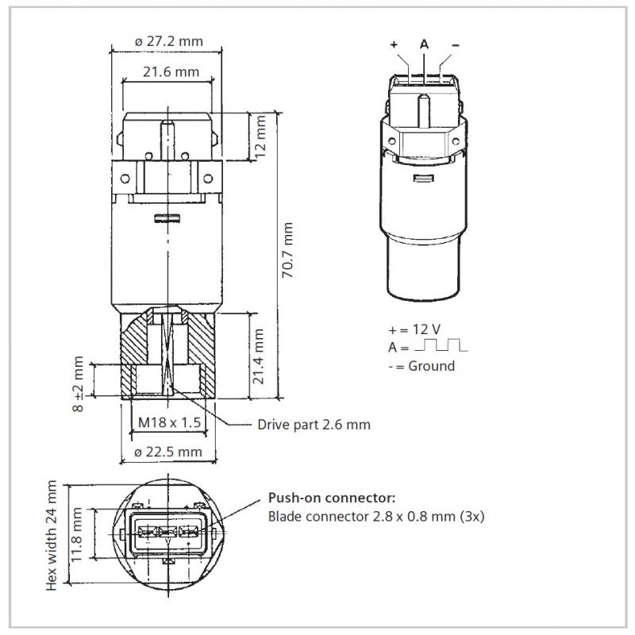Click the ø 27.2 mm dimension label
point(168,41)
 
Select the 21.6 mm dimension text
point(171,71)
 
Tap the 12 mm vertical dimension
point(260,137)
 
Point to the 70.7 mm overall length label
point(287,250)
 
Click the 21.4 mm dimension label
point(258,356)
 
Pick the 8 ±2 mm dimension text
point(78,383)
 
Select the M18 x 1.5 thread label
point(170,422)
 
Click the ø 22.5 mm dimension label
point(167,452)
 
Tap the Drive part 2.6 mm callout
point(314,425)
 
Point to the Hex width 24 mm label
point(52,535)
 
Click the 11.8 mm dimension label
point(76,534)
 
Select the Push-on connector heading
point(332,498)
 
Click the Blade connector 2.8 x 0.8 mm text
point(362,517)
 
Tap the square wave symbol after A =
point(441,344)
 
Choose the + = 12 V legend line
point(414,329)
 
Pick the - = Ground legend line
point(421,366)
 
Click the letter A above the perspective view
point(424,44)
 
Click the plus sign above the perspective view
point(394,44)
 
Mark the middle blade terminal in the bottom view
point(167,531)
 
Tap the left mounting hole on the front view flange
point(125,178)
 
